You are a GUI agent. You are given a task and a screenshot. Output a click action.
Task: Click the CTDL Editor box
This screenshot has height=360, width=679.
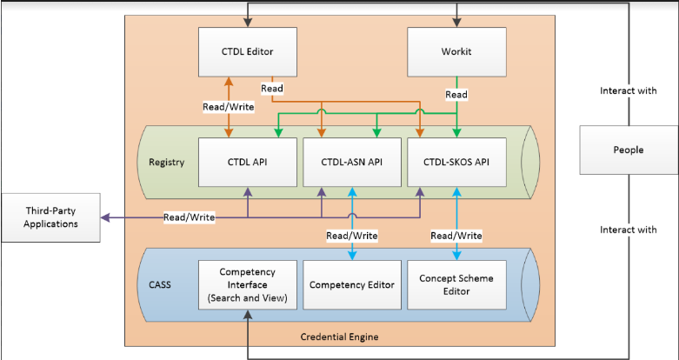(x=248, y=52)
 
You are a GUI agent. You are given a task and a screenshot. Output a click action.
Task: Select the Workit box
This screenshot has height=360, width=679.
(x=457, y=52)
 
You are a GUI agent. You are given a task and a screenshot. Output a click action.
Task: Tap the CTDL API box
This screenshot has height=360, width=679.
(x=248, y=162)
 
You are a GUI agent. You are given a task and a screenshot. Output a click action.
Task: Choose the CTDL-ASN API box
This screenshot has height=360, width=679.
(x=352, y=162)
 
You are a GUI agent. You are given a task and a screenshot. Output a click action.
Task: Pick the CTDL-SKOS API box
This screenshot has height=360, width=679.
(x=457, y=162)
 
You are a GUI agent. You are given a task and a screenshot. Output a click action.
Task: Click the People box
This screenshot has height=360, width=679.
(x=629, y=150)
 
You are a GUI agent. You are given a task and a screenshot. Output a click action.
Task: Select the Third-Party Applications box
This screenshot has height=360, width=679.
(x=50, y=217)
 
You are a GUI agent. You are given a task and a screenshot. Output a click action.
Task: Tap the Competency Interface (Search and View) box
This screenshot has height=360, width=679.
(x=248, y=284)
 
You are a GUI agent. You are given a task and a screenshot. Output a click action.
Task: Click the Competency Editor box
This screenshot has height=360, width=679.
(x=352, y=284)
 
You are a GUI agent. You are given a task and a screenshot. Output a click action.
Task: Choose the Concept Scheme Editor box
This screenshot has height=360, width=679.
(x=457, y=284)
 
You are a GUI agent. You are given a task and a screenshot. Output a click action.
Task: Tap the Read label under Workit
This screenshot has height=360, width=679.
(x=456, y=94)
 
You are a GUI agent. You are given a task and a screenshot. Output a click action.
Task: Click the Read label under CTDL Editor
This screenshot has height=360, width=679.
(x=271, y=88)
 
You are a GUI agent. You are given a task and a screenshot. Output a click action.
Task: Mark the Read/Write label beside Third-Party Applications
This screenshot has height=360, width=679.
(x=190, y=217)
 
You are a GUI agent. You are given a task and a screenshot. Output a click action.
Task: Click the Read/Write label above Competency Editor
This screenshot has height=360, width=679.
(x=351, y=235)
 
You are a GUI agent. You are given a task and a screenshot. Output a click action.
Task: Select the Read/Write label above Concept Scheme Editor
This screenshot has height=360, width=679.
(x=456, y=235)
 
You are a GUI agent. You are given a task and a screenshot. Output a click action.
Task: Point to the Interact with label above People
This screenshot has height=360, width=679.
(x=629, y=90)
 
